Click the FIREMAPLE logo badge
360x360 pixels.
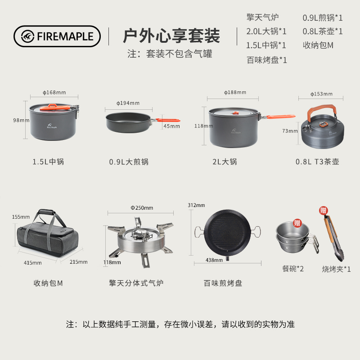click(x=57, y=36)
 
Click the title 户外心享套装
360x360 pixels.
click(x=171, y=36)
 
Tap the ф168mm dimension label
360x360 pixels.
click(x=54, y=93)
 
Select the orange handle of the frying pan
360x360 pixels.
click(x=168, y=120)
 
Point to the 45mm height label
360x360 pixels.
click(x=171, y=126)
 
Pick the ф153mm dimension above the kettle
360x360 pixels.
click(x=321, y=94)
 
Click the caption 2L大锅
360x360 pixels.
click(x=225, y=162)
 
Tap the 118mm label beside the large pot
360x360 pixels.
click(x=203, y=126)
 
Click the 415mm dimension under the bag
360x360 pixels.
click(x=32, y=263)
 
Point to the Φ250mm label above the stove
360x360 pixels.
click(x=142, y=208)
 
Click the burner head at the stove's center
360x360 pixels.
click(x=140, y=234)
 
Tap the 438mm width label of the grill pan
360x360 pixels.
click(x=214, y=260)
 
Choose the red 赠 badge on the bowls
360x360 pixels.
click(x=297, y=223)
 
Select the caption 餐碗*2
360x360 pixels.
click(x=293, y=269)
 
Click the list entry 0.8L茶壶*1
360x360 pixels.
click(x=323, y=31)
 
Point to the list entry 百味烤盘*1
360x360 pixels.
click(x=267, y=60)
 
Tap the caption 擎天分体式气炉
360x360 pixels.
click(x=136, y=283)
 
